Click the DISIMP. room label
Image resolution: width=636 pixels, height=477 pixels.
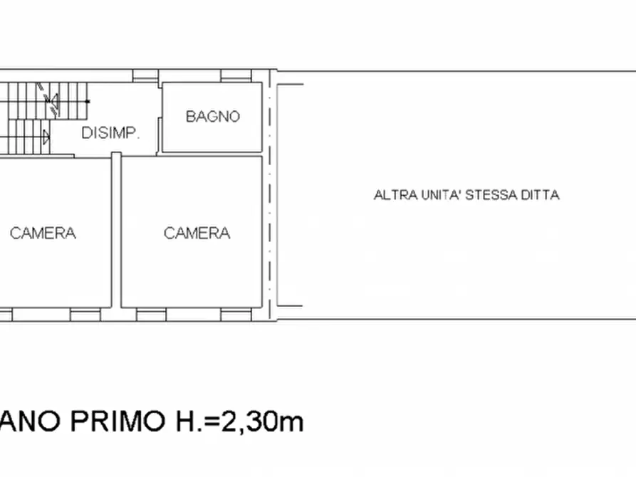click(x=110, y=133)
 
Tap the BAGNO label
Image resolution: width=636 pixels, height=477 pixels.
click(x=212, y=117)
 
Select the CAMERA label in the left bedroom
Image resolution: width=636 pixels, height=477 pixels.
click(x=43, y=233)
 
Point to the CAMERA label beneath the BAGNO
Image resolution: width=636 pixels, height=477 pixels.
click(x=197, y=233)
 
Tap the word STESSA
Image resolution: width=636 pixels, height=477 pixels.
click(x=494, y=195)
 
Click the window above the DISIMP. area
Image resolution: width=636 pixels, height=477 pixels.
click(x=145, y=75)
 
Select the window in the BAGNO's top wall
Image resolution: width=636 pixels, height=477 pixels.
click(x=232, y=75)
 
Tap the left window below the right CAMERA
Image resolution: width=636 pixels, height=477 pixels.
click(x=151, y=313)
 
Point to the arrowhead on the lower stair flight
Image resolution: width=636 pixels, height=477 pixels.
click(x=47, y=135)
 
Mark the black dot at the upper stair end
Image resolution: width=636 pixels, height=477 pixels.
click(x=88, y=101)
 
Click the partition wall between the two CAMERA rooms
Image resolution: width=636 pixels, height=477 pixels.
click(x=116, y=231)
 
